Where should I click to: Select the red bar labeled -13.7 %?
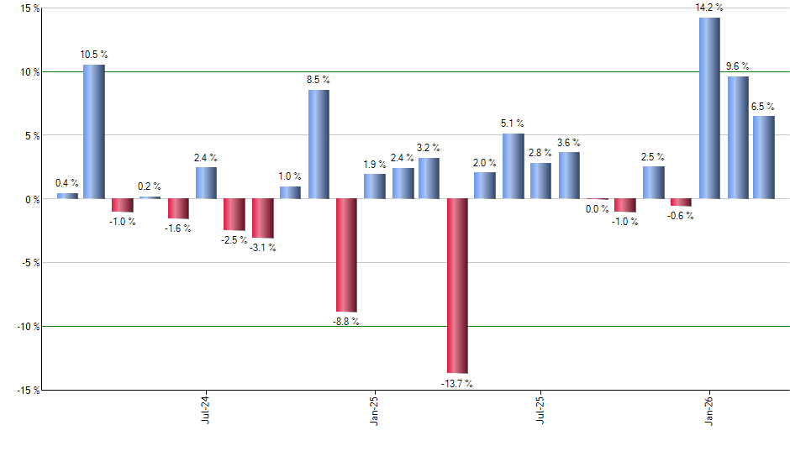(457, 286)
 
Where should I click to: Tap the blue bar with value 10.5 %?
(94, 131)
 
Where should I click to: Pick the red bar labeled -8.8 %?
(346, 255)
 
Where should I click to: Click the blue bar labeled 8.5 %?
(319, 144)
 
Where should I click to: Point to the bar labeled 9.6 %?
(738, 137)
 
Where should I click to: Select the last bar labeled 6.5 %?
(764, 157)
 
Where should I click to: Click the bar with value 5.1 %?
(513, 165)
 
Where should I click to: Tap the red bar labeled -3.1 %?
(263, 218)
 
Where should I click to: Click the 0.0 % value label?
(598, 209)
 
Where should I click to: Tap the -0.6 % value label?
(682, 216)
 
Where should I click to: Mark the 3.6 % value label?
(570, 143)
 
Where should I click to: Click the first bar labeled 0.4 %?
(67, 196)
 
